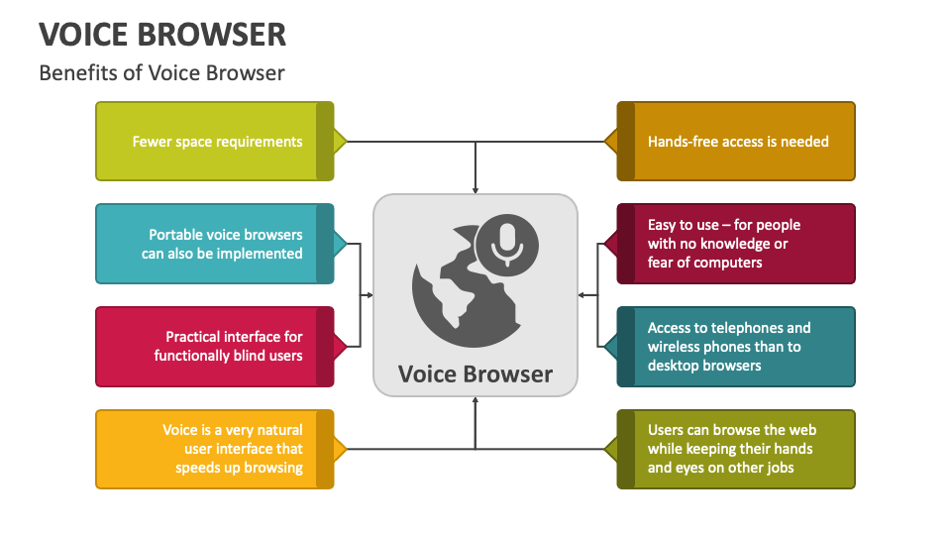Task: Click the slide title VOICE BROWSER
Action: pyautogui.click(x=162, y=34)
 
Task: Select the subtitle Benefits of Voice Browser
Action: pyautogui.click(x=161, y=72)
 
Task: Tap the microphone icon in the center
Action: pyautogui.click(x=507, y=244)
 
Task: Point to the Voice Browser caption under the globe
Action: pyautogui.click(x=475, y=374)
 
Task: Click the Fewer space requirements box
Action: pyautogui.click(x=215, y=142)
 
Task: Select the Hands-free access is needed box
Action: pyautogui.click(x=736, y=142)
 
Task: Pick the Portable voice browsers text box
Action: pyautogui.click(x=215, y=244)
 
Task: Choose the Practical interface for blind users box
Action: pyautogui.click(x=215, y=347)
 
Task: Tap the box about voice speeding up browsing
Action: pyautogui.click(x=215, y=449)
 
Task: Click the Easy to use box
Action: pyautogui.click(x=736, y=244)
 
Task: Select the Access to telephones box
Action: pyautogui.click(x=736, y=347)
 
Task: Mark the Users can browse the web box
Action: pyautogui.click(x=736, y=449)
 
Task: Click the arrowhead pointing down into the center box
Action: pyautogui.click(x=475, y=189)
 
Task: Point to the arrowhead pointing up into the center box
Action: pyautogui.click(x=475, y=401)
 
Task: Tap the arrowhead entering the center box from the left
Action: pyautogui.click(x=369, y=295)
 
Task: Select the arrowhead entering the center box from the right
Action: pyautogui.click(x=582, y=295)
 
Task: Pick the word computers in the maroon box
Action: pyautogui.click(x=729, y=263)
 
